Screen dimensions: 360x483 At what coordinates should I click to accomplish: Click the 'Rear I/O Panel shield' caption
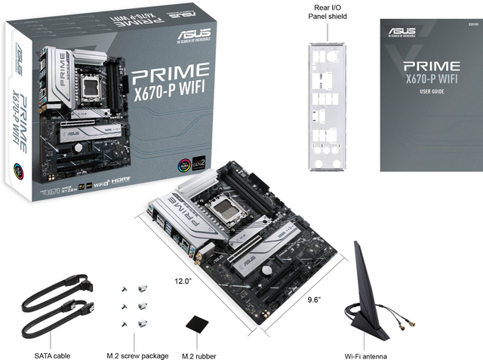(328, 11)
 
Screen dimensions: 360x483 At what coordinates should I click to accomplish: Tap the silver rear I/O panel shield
(327, 106)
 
